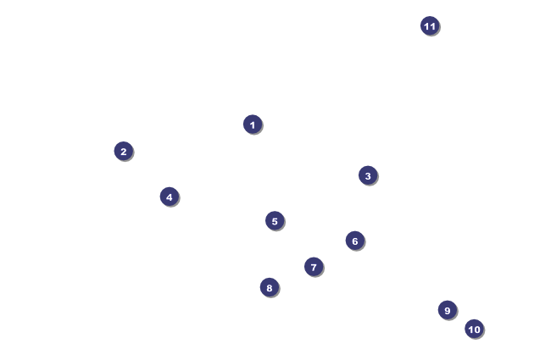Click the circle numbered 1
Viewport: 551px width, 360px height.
(x=253, y=125)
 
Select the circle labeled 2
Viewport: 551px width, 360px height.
(x=124, y=151)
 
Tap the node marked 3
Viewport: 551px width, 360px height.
(x=367, y=175)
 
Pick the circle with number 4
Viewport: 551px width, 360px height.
(x=170, y=197)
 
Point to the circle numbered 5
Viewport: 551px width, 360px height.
(x=275, y=221)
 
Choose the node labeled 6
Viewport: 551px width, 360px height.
(x=355, y=241)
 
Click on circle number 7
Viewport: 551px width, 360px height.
(x=314, y=267)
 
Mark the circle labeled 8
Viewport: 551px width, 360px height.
(x=270, y=287)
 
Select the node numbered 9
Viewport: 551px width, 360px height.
(x=448, y=310)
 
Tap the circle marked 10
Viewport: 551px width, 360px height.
(x=474, y=329)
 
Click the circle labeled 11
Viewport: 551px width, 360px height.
(x=430, y=25)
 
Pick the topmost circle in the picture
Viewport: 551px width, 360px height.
(x=430, y=25)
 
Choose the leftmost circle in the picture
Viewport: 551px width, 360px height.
(x=124, y=151)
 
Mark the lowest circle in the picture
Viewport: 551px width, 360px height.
(x=474, y=329)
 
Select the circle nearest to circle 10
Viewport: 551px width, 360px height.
(x=448, y=310)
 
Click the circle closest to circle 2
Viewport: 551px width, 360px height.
(x=170, y=197)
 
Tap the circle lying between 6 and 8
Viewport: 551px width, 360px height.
(x=314, y=267)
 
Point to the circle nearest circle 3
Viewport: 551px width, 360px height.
(x=355, y=241)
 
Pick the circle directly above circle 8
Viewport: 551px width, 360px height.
(x=275, y=221)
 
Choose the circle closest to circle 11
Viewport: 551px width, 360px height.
(x=367, y=175)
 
